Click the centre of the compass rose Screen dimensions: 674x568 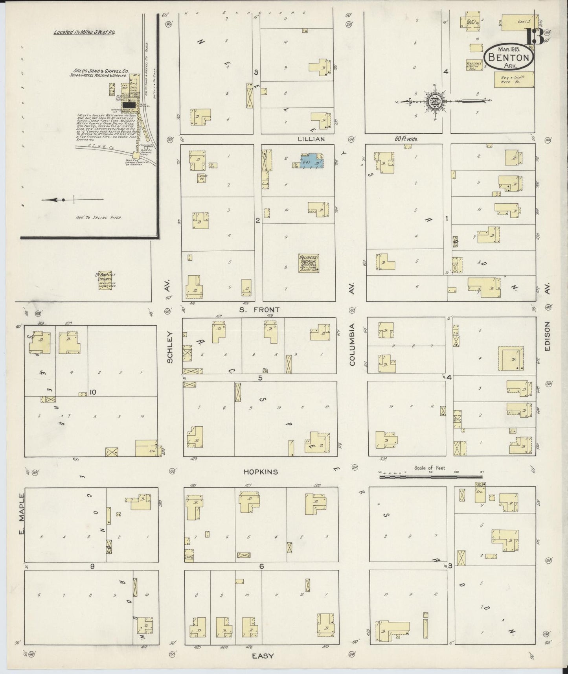(x=436, y=101)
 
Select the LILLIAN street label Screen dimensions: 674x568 (x=311, y=139)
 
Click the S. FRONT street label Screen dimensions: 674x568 (x=260, y=310)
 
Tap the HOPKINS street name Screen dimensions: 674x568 (x=261, y=472)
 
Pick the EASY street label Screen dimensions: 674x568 (x=263, y=656)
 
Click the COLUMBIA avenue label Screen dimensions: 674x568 (x=352, y=344)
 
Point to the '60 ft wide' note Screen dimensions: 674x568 (x=406, y=139)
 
